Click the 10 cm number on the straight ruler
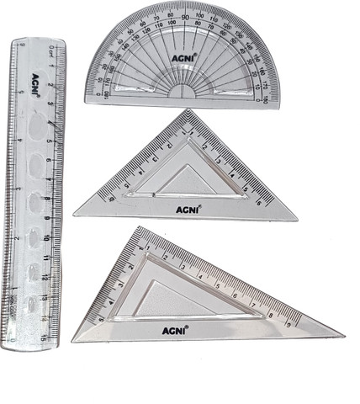tap(51, 238)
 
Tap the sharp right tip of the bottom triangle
tap(343, 334)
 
